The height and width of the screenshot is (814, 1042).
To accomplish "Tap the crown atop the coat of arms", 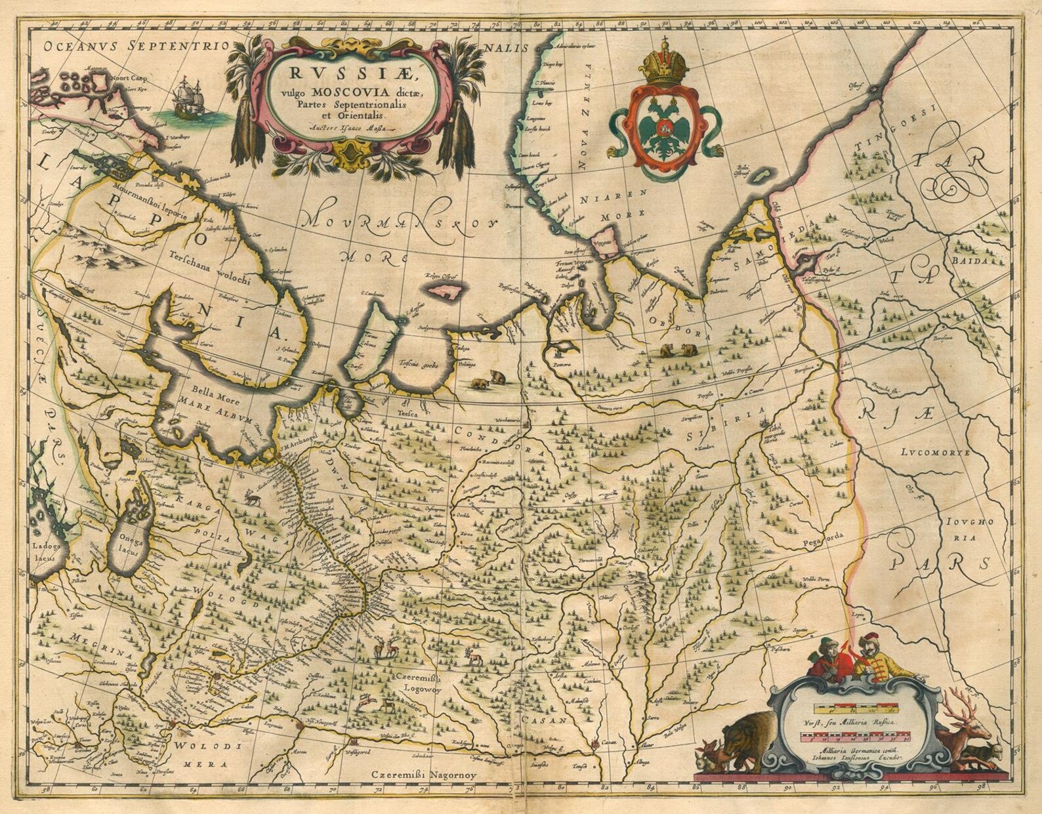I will pos(664,64).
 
